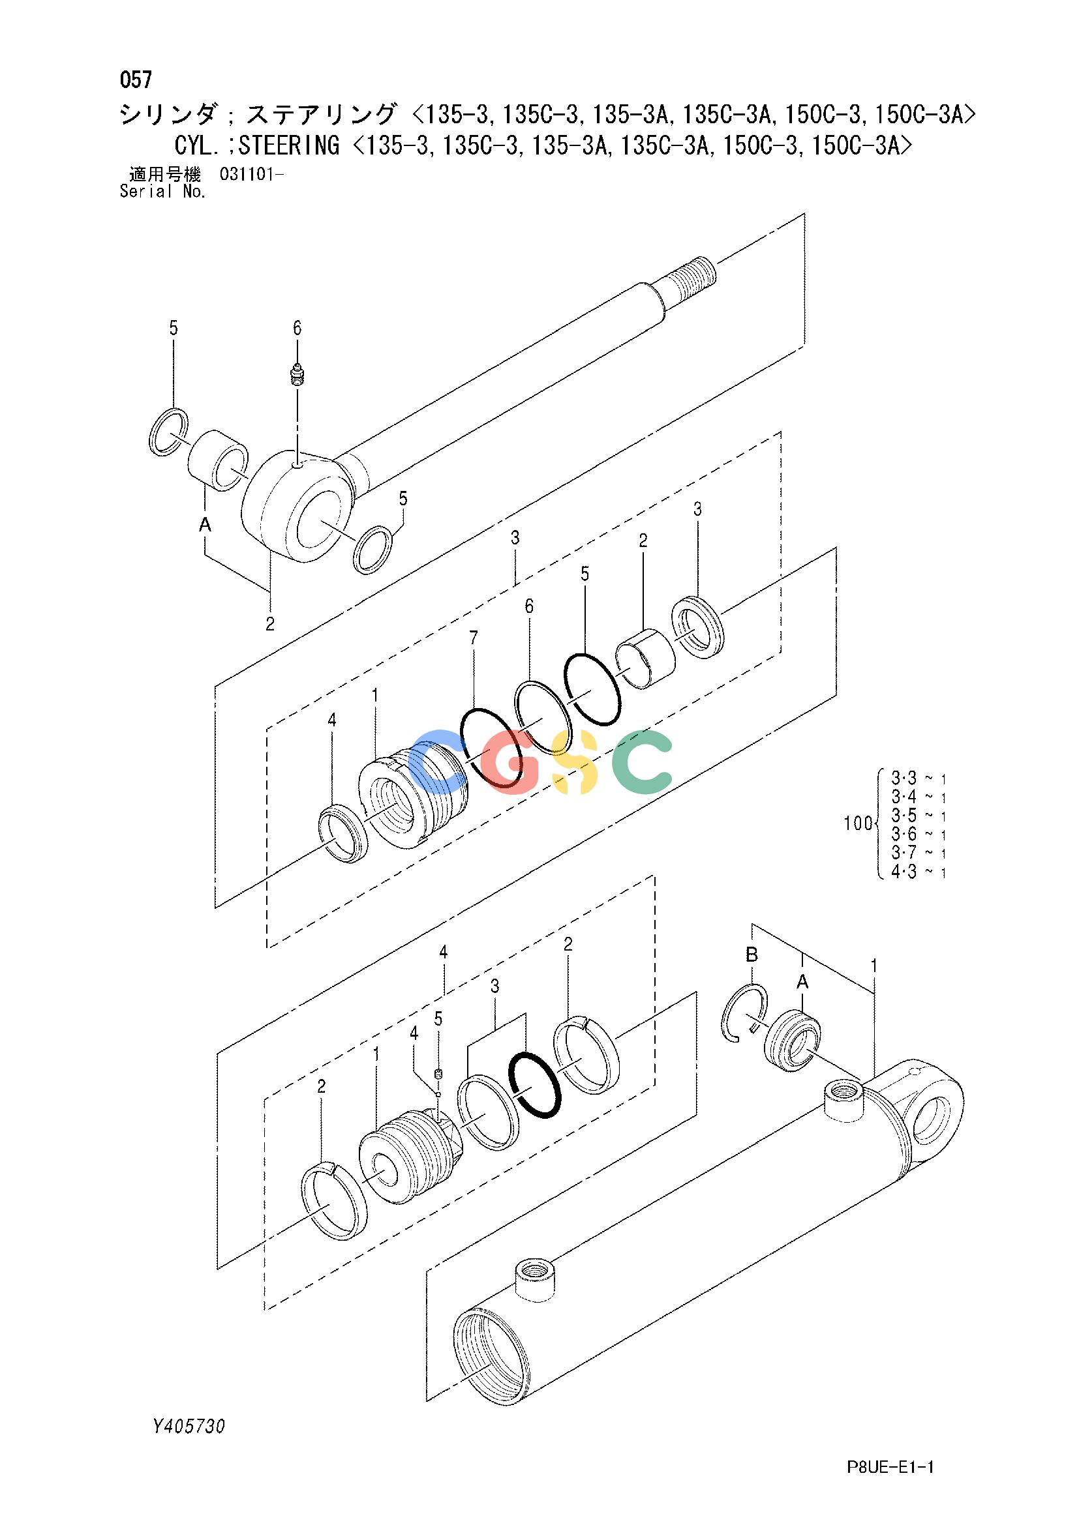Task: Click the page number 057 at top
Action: (x=136, y=80)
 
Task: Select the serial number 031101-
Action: (x=251, y=175)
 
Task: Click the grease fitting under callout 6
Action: (x=297, y=376)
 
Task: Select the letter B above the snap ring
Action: (x=752, y=955)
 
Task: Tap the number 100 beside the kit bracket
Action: (x=857, y=824)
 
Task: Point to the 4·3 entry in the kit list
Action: (x=903, y=872)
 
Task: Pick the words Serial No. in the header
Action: (x=163, y=192)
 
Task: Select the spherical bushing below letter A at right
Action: (x=793, y=1041)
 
